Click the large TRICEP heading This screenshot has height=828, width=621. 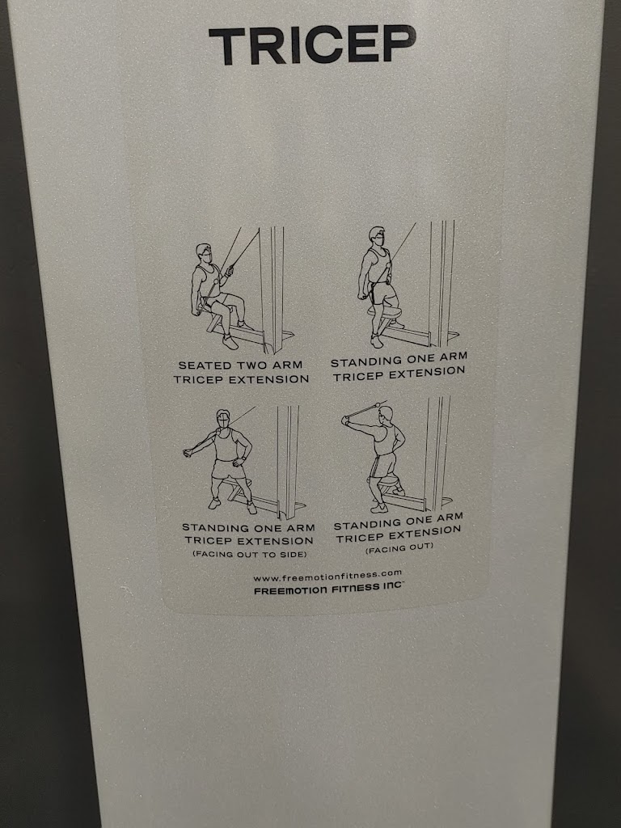click(312, 45)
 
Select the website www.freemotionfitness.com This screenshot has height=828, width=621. click(327, 576)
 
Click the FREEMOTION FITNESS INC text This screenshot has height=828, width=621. click(328, 589)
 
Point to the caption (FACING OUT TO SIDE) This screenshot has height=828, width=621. click(249, 555)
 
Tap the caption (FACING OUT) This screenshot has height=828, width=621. click(399, 548)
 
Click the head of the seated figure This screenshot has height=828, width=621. click(205, 255)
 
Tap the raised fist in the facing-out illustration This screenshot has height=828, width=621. click(346, 420)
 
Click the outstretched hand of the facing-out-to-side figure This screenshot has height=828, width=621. click(188, 453)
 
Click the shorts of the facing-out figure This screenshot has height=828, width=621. click(383, 466)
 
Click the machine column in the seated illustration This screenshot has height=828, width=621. click(272, 288)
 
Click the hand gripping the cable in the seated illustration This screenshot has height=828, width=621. click(229, 272)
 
